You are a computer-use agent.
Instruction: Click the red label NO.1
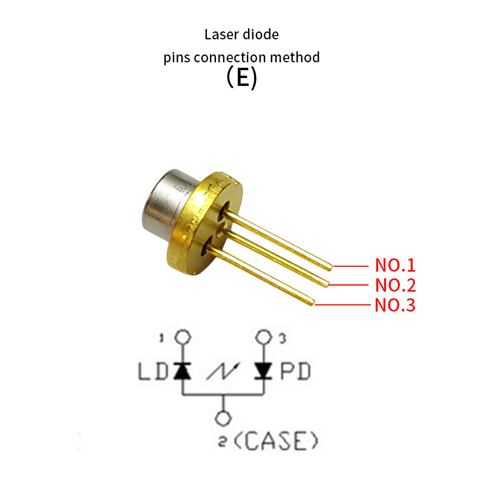tap(395, 266)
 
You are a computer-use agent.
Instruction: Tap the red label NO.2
tap(395, 285)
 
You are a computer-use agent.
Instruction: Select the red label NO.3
tap(395, 305)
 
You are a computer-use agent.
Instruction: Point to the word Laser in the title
tap(221, 34)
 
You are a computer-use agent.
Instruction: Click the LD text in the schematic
tap(151, 370)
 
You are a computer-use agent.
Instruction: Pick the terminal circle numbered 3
tap(264, 338)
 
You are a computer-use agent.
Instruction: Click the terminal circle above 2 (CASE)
tap(224, 419)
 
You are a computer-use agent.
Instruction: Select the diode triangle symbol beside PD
tap(264, 370)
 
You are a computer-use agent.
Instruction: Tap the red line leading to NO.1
tap(351, 266)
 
